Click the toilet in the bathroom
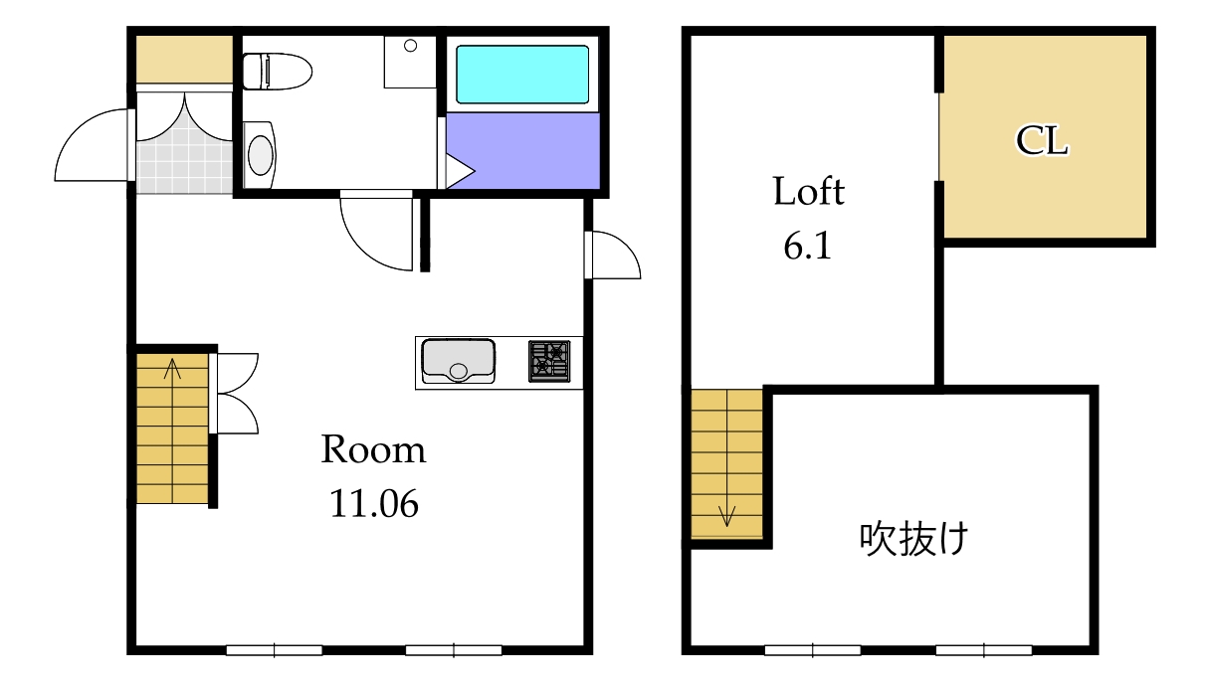277,71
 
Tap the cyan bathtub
521,74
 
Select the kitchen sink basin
458,361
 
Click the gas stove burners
549,361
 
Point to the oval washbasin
260,155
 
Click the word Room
373,451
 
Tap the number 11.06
373,505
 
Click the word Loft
808,191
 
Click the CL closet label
1042,142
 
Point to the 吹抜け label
913,539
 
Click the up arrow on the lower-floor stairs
173,370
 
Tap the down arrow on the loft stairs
727,515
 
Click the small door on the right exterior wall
613,257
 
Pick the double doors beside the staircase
237,393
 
